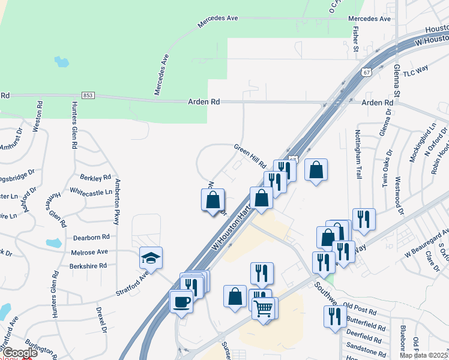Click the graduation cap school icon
tap(151, 259)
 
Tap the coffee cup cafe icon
tap(181, 301)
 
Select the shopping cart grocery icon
tap(264, 309)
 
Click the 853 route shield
tap(88, 96)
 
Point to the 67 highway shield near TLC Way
tap(366, 72)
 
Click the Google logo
tap(19, 353)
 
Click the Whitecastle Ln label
tap(91, 192)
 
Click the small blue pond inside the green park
tap(61, 61)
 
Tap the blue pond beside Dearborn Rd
tap(53, 243)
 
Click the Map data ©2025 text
tap(424, 355)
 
